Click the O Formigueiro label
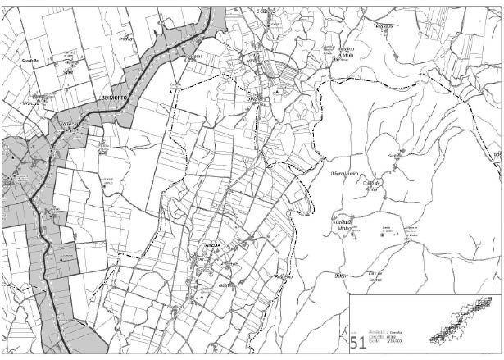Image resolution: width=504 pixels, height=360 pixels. tap(344, 173)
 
